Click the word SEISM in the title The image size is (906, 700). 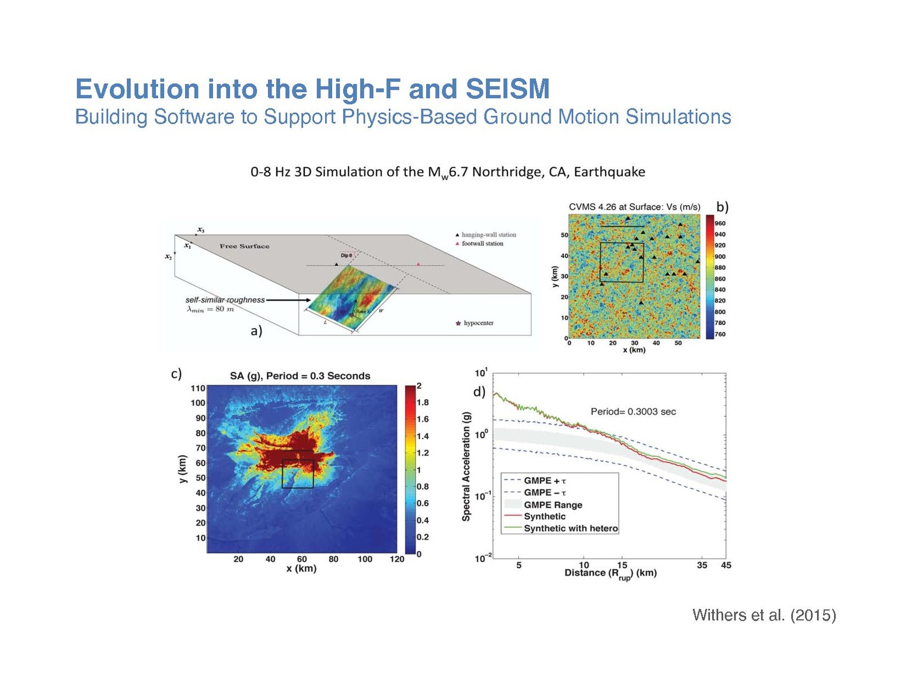point(507,89)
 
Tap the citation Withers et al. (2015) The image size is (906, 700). point(764,615)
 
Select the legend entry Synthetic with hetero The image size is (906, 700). point(570,528)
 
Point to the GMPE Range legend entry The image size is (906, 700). point(552,504)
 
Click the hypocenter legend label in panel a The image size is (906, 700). point(478,323)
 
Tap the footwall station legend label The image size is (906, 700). point(482,243)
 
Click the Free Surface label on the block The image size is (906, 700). point(245,246)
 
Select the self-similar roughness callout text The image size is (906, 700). point(225,299)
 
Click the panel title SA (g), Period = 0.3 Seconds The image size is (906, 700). point(299,376)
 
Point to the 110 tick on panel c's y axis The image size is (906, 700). point(198,388)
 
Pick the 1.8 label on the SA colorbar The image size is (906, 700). point(423,402)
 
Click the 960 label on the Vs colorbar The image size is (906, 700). point(720,223)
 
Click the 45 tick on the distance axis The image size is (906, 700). point(726,565)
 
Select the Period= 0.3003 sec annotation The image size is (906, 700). point(633,412)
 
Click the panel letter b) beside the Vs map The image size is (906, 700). point(722,207)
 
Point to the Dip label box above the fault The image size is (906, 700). point(346,256)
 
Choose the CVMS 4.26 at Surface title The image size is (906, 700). point(634,207)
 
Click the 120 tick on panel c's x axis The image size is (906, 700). point(396,559)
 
